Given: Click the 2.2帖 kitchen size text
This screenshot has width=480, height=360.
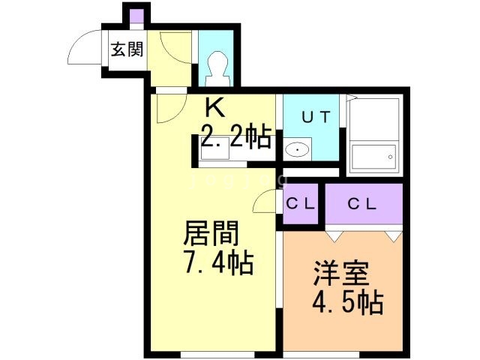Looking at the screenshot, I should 235,136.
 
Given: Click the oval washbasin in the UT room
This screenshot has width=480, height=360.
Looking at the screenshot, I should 299,149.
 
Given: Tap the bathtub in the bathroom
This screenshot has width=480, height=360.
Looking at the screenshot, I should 373,157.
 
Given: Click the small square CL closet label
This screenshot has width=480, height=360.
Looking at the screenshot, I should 302,203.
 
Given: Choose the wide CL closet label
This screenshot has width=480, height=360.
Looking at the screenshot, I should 363,203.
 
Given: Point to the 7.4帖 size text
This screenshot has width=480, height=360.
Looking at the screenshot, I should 218,264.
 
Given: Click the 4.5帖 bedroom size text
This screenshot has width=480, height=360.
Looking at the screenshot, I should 346,303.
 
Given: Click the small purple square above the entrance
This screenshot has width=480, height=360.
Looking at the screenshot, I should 135,16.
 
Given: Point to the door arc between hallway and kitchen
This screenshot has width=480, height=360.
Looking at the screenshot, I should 167,109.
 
